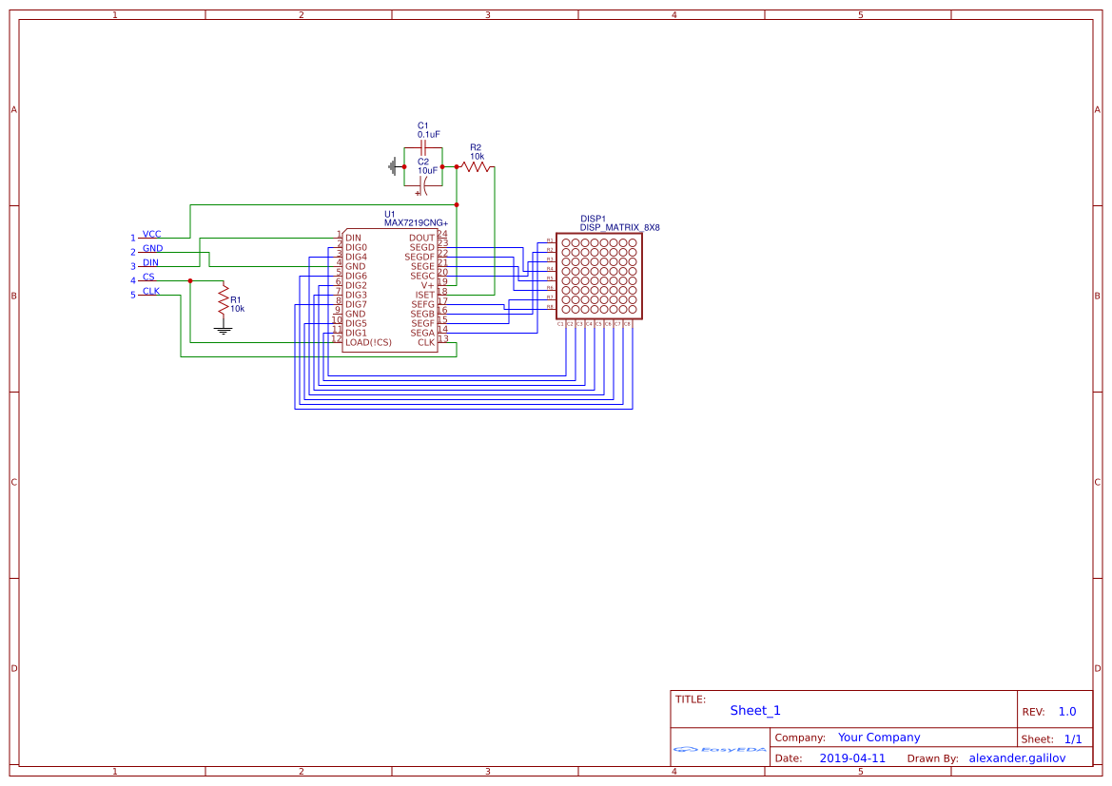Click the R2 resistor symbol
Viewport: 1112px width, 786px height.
pos(476,166)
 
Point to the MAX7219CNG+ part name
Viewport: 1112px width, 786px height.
pos(416,223)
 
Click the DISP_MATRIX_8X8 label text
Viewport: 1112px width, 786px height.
pos(620,228)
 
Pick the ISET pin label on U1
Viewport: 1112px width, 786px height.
pos(424,295)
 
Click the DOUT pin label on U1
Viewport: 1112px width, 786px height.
pos(421,238)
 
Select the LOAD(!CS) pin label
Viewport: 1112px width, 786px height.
pos(368,342)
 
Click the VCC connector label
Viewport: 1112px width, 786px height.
pos(151,234)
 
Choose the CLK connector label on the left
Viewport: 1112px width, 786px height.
pos(151,291)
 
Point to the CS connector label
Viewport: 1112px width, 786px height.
pos(148,277)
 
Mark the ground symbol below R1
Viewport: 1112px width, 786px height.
pos(224,330)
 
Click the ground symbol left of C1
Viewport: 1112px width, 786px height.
pos(392,166)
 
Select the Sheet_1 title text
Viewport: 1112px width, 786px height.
pos(755,710)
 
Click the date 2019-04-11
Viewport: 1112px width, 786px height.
pos(852,758)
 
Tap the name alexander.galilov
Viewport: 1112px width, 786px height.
pos(1017,758)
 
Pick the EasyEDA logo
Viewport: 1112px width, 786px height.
pos(720,750)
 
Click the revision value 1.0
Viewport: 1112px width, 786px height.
pos(1067,712)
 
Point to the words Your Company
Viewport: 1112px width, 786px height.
pos(879,738)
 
